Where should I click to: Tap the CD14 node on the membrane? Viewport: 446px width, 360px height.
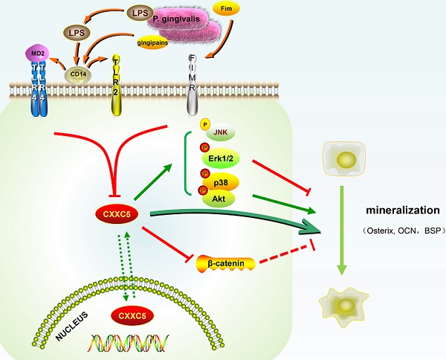click(x=76, y=74)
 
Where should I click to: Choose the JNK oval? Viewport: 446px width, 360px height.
click(x=220, y=132)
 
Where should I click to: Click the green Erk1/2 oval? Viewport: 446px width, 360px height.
click(x=224, y=158)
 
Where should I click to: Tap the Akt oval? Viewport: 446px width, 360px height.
click(x=220, y=199)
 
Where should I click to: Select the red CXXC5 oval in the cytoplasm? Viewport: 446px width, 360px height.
click(x=116, y=214)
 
